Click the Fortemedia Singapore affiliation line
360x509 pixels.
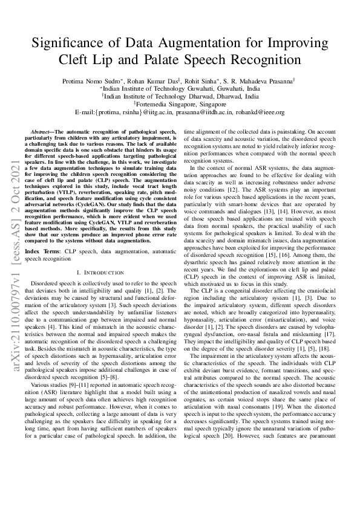click(x=181, y=103)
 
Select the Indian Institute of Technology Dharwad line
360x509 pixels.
click(x=181, y=96)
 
